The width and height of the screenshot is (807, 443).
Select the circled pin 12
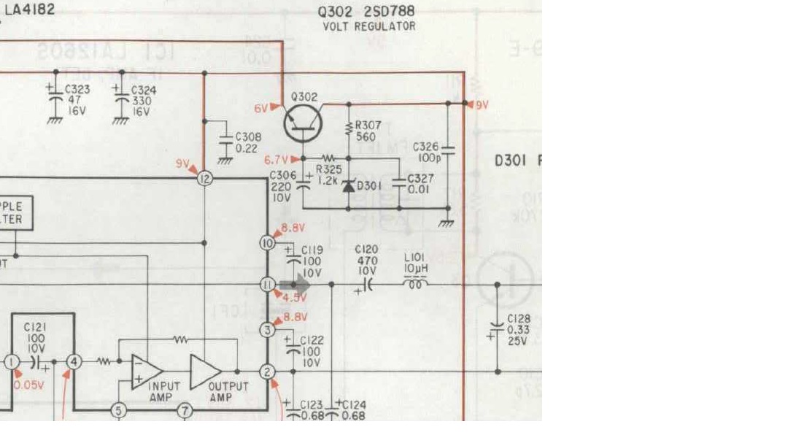[x=205, y=177]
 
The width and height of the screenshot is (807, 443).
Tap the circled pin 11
[x=268, y=285]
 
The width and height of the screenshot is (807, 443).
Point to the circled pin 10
[x=268, y=242]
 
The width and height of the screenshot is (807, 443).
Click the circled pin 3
[x=268, y=331]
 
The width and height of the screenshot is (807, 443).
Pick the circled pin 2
[x=268, y=372]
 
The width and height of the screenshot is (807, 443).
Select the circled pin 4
[x=74, y=361]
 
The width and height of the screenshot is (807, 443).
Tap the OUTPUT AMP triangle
[x=205, y=371]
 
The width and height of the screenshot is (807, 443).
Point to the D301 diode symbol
[x=348, y=185]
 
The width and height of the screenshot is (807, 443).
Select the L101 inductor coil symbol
[x=417, y=284]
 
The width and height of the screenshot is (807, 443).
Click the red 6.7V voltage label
[x=277, y=159]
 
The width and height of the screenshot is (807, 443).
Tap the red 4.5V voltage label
[x=294, y=298]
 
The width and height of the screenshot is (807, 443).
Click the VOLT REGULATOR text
[x=369, y=26]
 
